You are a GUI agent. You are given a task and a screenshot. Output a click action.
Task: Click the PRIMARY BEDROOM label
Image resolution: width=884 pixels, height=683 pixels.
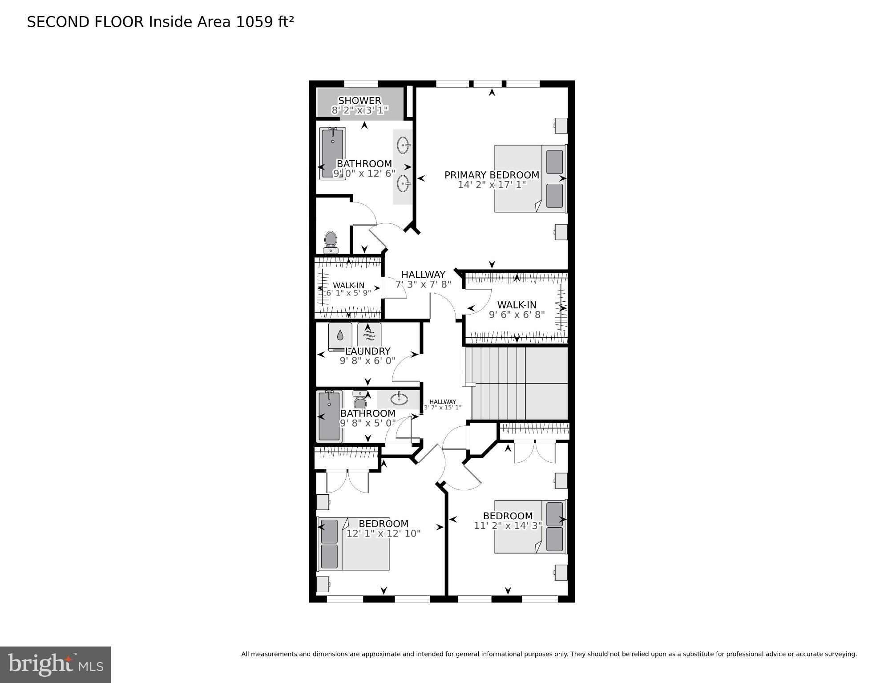[492, 175]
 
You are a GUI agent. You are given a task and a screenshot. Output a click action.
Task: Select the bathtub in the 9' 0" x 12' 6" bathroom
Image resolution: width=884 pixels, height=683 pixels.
[332, 154]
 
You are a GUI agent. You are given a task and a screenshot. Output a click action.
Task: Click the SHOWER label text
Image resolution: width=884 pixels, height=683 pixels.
[359, 101]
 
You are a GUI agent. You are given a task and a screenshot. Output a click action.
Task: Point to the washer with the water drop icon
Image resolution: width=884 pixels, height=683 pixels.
[340, 335]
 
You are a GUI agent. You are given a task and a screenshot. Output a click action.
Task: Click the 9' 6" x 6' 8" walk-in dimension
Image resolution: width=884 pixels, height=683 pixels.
[517, 315]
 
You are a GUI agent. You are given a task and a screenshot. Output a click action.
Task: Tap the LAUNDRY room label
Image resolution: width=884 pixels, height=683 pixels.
[367, 351]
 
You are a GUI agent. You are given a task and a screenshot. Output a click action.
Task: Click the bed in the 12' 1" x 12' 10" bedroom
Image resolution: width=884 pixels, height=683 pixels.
[354, 544]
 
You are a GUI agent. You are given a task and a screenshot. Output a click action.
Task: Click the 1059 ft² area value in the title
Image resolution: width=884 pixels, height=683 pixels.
[264, 22]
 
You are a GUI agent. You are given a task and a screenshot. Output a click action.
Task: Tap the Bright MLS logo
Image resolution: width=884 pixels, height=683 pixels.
[55, 665]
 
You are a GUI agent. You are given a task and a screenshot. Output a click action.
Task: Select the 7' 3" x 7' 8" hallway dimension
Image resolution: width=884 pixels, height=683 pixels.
[423, 284]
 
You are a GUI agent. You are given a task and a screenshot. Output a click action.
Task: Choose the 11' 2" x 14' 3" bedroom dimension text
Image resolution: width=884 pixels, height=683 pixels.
[508, 525]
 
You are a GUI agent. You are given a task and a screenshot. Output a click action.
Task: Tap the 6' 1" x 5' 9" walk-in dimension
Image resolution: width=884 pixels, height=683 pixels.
[348, 293]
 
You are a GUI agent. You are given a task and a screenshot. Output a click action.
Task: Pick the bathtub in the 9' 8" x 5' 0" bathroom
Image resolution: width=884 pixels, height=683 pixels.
[329, 416]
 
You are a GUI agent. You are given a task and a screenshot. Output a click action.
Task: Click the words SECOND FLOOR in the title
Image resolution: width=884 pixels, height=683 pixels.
[85, 22]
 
